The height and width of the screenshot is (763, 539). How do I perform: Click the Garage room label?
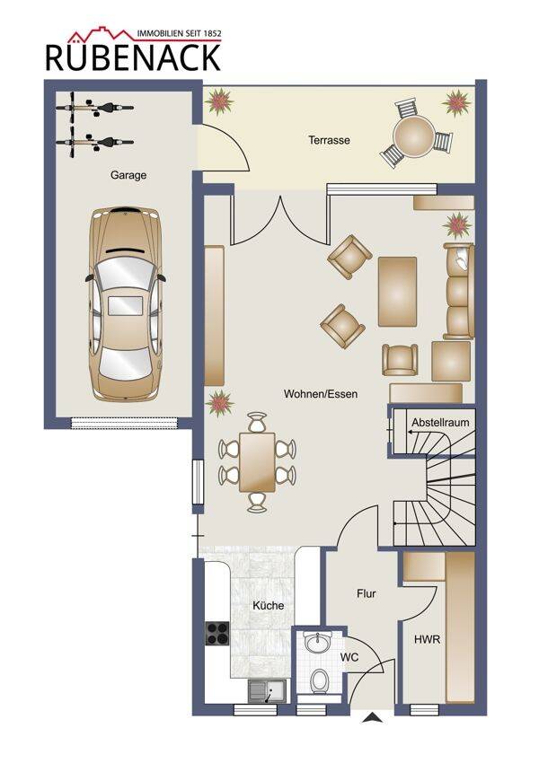click(128, 175)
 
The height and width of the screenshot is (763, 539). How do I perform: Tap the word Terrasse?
click(329, 140)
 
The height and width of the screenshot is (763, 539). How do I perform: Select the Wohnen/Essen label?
click(321, 394)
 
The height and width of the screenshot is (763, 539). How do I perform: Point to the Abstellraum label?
click(440, 423)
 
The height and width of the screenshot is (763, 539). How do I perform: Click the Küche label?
click(268, 605)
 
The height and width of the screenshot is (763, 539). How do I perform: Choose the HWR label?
click(427, 639)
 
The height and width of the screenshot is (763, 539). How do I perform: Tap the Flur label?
click(367, 593)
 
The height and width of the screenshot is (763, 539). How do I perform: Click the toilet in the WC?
click(320, 679)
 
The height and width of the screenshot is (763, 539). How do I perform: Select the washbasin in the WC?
click(317, 643)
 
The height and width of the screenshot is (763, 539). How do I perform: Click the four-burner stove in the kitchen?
click(217, 633)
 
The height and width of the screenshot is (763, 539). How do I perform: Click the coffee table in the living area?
click(398, 292)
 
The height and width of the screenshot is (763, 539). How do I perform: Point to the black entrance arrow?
click(371, 717)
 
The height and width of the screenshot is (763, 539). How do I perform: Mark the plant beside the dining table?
click(219, 403)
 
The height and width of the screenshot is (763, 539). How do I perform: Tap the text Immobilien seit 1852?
click(179, 33)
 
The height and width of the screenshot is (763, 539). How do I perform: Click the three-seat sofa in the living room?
click(459, 291)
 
